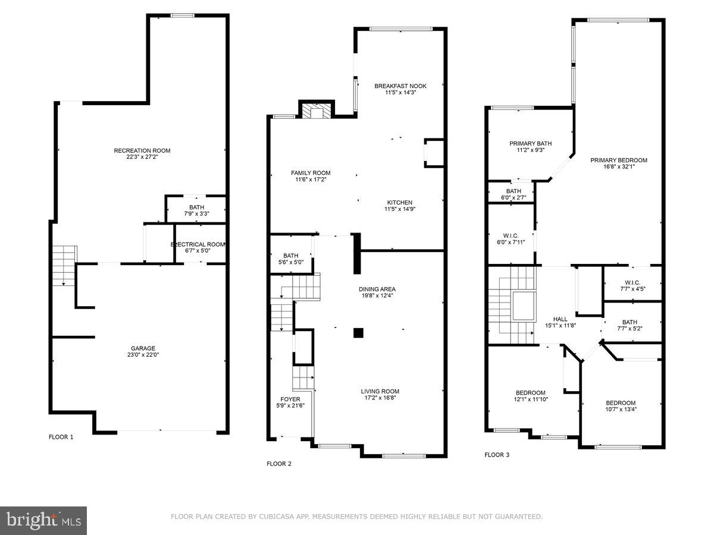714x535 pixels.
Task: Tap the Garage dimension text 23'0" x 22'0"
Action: tap(143, 355)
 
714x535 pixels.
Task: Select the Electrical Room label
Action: tap(198, 244)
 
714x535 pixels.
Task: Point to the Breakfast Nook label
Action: tap(400, 86)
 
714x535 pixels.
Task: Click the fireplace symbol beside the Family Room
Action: tap(315, 111)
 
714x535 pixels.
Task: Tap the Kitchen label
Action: tap(399, 202)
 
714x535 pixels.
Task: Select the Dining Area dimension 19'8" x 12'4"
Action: tap(377, 295)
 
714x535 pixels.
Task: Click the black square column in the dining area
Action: tap(358, 333)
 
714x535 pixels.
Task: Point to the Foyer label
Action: tap(290, 399)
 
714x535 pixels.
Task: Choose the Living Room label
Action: tap(380, 391)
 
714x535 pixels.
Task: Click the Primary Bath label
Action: tap(530, 143)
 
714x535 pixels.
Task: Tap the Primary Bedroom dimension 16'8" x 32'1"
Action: tap(619, 167)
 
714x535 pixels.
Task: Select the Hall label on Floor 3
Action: tap(560, 319)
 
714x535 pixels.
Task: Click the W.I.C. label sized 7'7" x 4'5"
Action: tap(632, 282)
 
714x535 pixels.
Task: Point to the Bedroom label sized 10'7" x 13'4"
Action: tap(621, 402)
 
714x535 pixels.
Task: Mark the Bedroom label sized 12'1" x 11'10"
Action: tap(530, 392)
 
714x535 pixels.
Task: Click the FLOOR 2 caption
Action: tap(278, 464)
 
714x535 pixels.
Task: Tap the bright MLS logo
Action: tap(43, 521)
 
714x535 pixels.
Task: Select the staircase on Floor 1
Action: tap(63, 265)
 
